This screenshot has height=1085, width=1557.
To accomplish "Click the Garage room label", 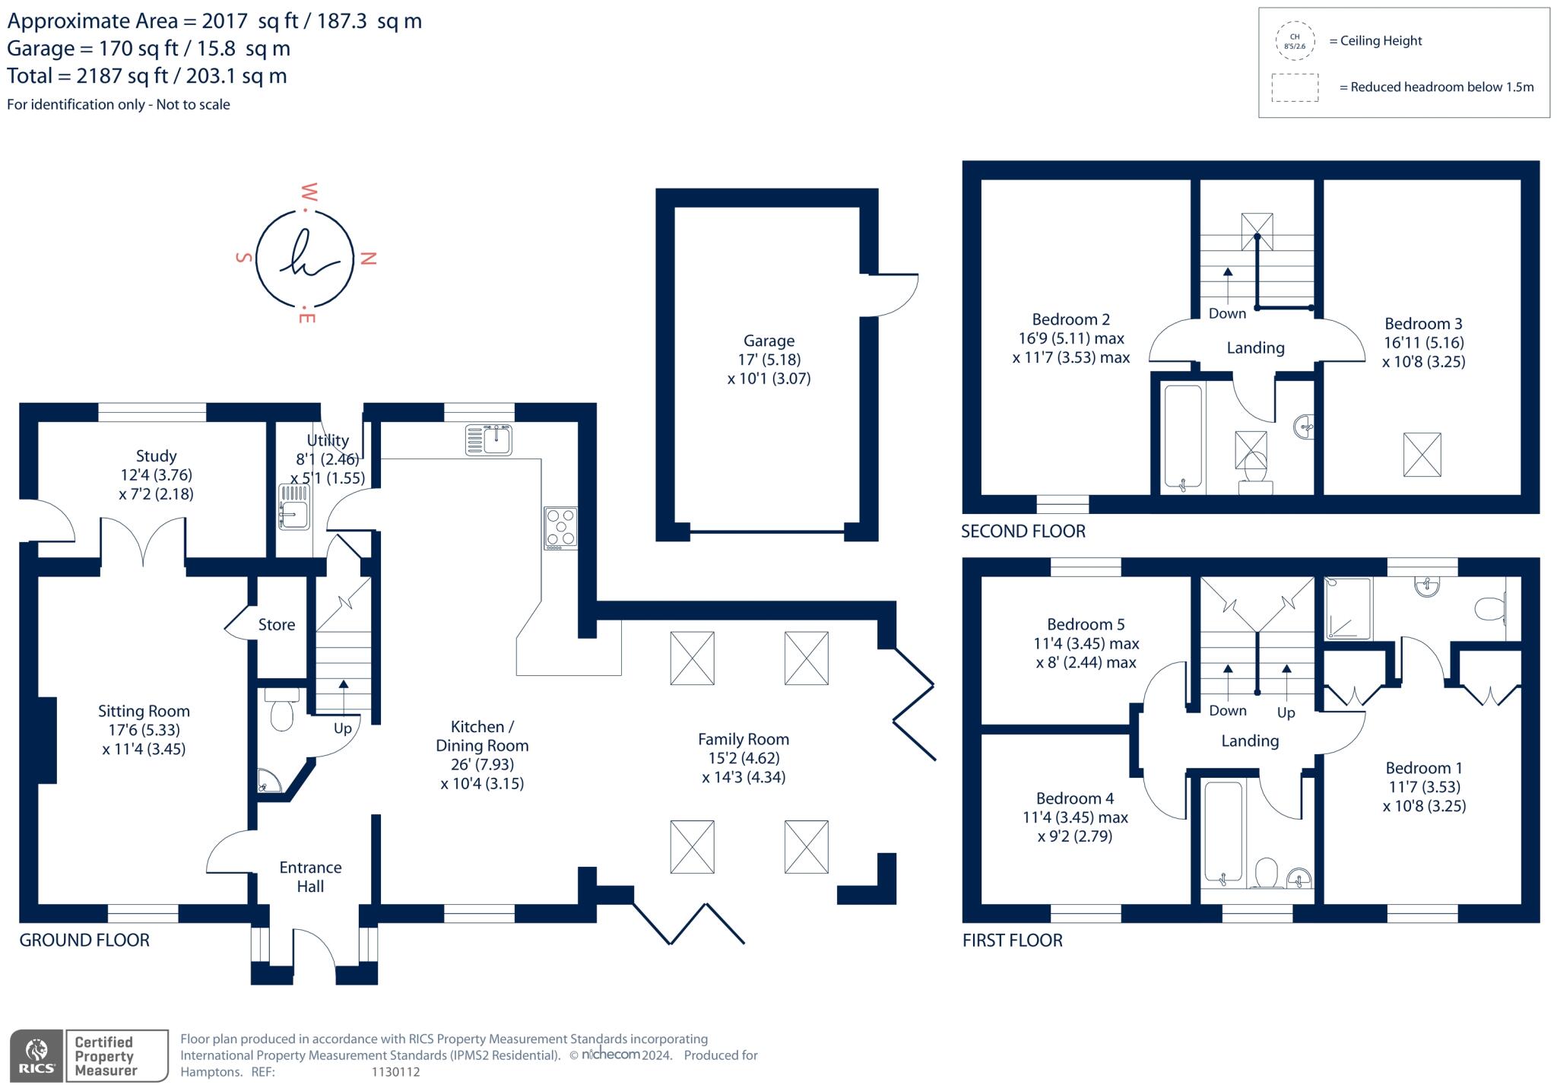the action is click(769, 341).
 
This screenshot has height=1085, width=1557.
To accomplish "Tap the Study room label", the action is click(156, 456).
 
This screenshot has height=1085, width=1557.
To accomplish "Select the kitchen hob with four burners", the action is click(561, 528).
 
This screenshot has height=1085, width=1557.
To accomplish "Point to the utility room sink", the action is click(293, 507).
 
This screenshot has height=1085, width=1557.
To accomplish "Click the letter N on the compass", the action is click(369, 259).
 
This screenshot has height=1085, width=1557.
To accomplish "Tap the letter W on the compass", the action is click(309, 191).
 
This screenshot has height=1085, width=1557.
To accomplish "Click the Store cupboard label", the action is click(276, 625).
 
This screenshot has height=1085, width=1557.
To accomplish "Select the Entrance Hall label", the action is click(310, 877).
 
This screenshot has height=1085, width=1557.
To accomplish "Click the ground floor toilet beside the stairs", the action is click(281, 711).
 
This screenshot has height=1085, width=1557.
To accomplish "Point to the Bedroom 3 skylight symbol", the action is click(1422, 455).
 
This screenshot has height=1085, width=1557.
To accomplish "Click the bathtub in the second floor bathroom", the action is click(1183, 436).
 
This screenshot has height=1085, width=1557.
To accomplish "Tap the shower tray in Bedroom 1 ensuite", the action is click(1349, 608).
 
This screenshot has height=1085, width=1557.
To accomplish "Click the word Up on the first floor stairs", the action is click(1286, 712).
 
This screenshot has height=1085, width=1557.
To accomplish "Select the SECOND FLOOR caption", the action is click(1023, 531).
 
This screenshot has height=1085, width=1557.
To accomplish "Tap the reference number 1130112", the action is click(395, 1072).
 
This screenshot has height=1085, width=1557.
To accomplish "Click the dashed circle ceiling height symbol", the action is click(1295, 41).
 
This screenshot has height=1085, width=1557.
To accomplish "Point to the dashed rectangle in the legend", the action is click(1295, 87).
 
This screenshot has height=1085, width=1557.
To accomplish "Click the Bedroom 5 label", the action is click(1085, 625).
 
